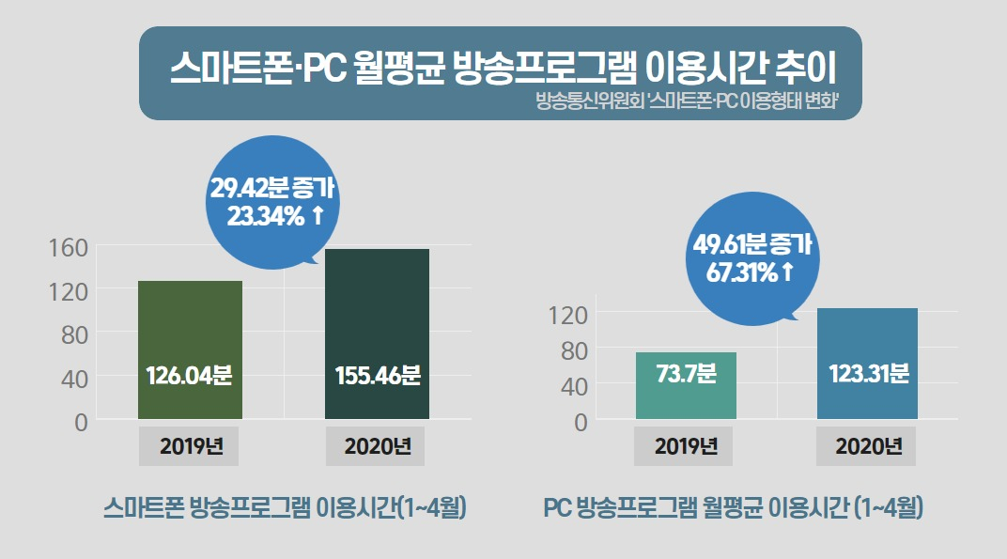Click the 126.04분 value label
tap(189, 375)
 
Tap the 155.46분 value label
tap(378, 375)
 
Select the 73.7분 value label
tap(686, 373)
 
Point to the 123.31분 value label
tap(868, 373)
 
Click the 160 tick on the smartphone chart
tap(68, 248)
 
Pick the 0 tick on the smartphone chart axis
tap(81, 422)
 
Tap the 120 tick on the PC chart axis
tap(567, 316)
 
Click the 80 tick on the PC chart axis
tap(574, 350)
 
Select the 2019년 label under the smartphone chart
tap(191, 446)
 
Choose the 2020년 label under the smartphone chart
tap(378, 446)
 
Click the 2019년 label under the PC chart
tap(685, 446)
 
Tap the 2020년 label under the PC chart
tap(868, 446)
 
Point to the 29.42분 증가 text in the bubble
tap(272, 188)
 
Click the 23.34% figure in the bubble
tap(265, 216)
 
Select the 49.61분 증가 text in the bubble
tap(752, 244)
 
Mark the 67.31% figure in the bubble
tap(742, 273)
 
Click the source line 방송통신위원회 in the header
tap(589, 101)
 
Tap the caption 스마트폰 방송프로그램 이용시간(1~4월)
tap(285, 508)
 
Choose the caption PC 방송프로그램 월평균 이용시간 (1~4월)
tap(733, 508)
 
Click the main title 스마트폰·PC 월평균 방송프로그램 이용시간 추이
tap(503, 68)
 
